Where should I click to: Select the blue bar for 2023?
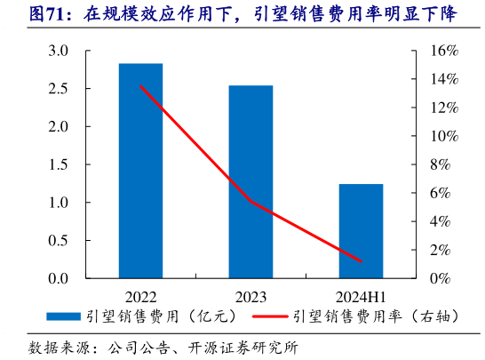point(250,181)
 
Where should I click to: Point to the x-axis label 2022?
point(140,293)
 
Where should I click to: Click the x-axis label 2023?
point(250,293)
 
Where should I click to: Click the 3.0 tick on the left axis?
point(59,52)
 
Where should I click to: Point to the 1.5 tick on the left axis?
point(59,165)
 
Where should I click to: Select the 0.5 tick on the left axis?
point(59,241)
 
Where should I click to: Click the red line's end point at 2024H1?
point(361,261)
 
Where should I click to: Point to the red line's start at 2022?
point(140,86)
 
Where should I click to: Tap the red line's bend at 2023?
point(250,201)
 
